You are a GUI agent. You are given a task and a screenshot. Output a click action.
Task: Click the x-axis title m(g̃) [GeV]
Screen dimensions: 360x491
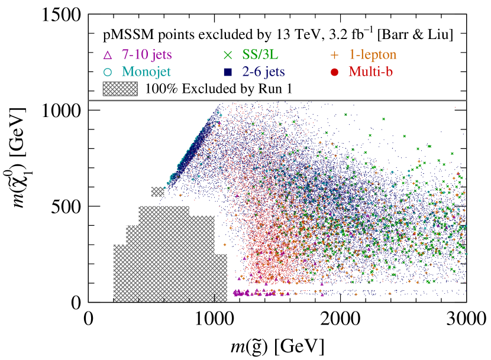(x=277, y=343)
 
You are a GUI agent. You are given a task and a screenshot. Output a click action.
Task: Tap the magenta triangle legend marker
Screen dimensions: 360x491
(x=108, y=56)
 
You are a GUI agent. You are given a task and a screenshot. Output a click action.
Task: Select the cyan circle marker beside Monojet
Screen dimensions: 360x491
(x=108, y=73)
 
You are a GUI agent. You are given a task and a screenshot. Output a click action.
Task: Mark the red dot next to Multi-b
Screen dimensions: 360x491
(x=334, y=73)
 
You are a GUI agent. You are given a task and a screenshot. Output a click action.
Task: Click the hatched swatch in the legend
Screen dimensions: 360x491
(x=120, y=89)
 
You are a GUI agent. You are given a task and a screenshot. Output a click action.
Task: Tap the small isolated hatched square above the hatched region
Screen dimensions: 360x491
(x=157, y=192)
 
